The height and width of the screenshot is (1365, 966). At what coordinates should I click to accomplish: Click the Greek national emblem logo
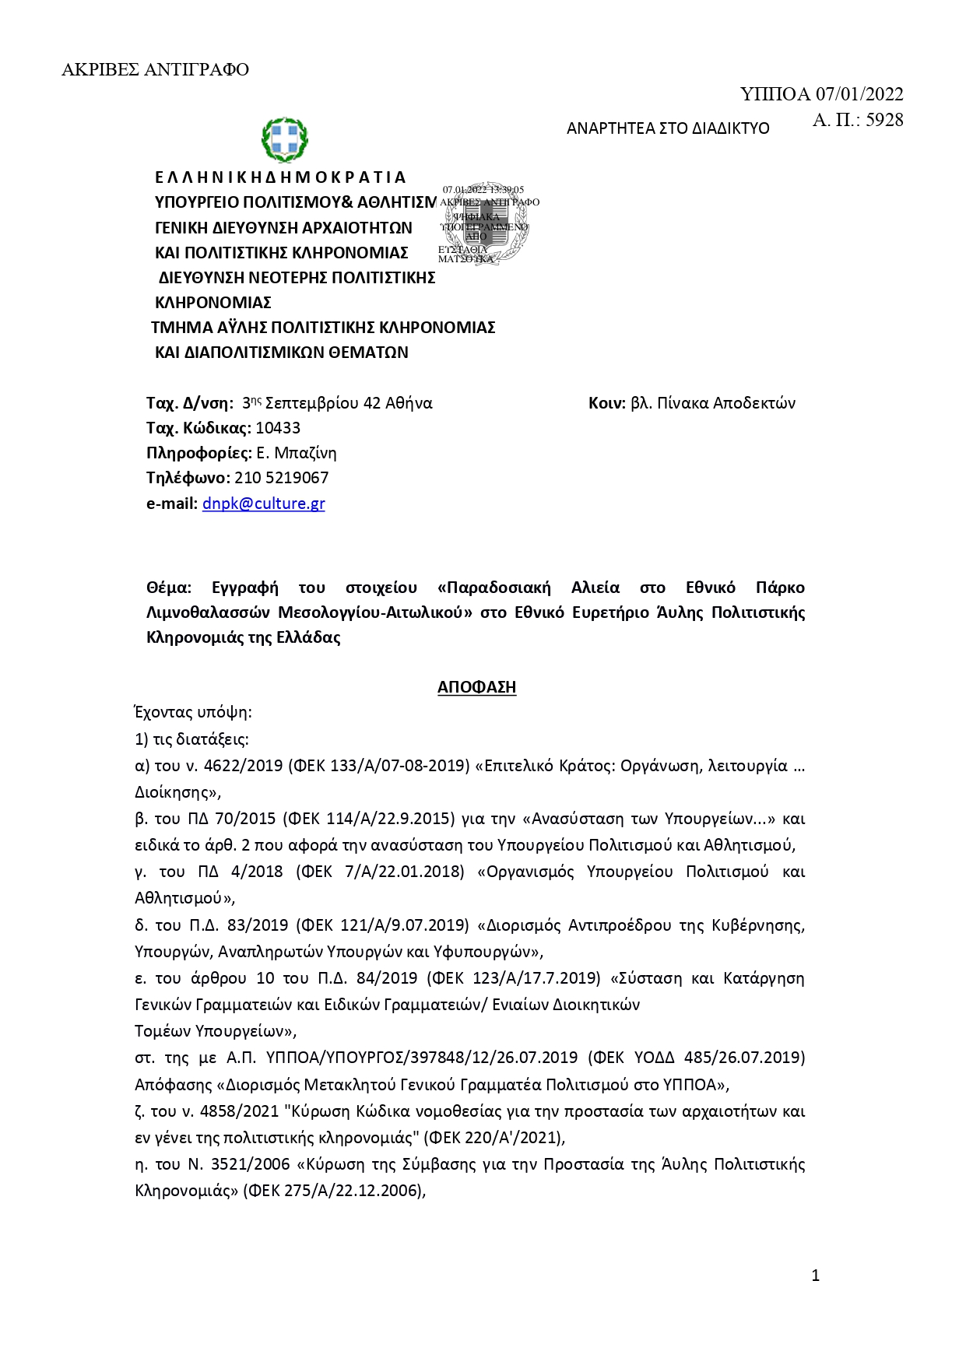pos(284,139)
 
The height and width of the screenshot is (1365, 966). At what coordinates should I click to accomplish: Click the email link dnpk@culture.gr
pos(263,504)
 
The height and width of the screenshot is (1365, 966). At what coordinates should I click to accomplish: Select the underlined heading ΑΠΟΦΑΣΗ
pos(476,687)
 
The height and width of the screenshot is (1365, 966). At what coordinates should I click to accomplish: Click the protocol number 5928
pos(884,120)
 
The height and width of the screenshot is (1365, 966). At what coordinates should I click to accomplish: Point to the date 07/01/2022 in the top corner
pos(859,95)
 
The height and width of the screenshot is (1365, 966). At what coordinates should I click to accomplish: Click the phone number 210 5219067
pos(281,478)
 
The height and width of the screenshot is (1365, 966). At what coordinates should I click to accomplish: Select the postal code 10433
pos(278,428)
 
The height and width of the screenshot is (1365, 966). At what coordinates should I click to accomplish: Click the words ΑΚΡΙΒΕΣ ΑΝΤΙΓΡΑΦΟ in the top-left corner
pos(155,70)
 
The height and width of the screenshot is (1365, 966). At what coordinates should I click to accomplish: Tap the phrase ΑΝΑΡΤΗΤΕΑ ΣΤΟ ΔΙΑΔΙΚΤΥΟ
pos(667,128)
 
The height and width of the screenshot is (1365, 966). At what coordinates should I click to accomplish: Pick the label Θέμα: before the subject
pos(169,588)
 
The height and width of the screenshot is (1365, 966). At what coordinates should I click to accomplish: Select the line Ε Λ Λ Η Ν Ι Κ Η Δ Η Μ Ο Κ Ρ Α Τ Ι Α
pos(280,177)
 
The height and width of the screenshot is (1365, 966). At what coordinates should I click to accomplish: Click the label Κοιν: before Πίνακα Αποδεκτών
pos(607,403)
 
